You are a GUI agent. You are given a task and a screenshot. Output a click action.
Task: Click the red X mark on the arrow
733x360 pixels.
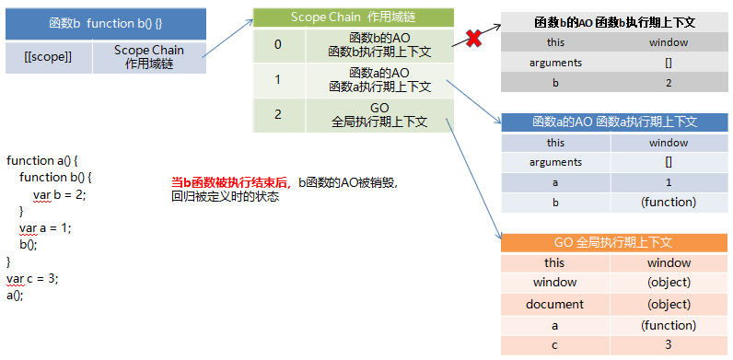click(x=473, y=40)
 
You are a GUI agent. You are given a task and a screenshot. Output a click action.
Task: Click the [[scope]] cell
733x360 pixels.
click(x=48, y=56)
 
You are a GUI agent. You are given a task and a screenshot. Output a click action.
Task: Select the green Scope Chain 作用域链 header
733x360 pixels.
click(x=354, y=17)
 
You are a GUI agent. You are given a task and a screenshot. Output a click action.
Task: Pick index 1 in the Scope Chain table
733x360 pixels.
click(x=278, y=79)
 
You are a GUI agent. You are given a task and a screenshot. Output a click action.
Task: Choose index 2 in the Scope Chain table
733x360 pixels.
click(x=278, y=114)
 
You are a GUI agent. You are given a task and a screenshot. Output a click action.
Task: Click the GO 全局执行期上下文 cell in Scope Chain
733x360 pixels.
click(x=379, y=114)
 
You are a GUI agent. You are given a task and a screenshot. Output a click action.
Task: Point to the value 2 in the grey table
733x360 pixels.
click(x=668, y=82)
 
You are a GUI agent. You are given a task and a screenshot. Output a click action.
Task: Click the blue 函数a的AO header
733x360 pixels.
click(x=614, y=122)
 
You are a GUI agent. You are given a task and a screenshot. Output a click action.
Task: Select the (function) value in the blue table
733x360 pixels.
click(x=671, y=202)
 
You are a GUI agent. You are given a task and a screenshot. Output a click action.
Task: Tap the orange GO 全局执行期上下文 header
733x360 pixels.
click(x=614, y=243)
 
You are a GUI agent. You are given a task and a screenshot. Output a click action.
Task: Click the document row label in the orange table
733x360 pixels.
click(x=554, y=304)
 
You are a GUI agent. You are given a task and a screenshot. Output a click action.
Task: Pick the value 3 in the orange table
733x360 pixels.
click(x=669, y=344)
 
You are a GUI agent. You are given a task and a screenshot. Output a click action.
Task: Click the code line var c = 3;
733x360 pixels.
click(x=32, y=278)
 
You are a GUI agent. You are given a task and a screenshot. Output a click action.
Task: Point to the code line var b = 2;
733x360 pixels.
click(x=59, y=194)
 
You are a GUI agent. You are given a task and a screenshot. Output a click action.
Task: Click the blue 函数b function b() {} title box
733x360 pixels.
click(x=106, y=22)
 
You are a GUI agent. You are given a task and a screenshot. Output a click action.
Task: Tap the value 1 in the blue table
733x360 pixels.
click(x=669, y=182)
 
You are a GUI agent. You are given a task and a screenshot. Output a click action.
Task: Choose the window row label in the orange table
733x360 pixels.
click(x=554, y=283)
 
